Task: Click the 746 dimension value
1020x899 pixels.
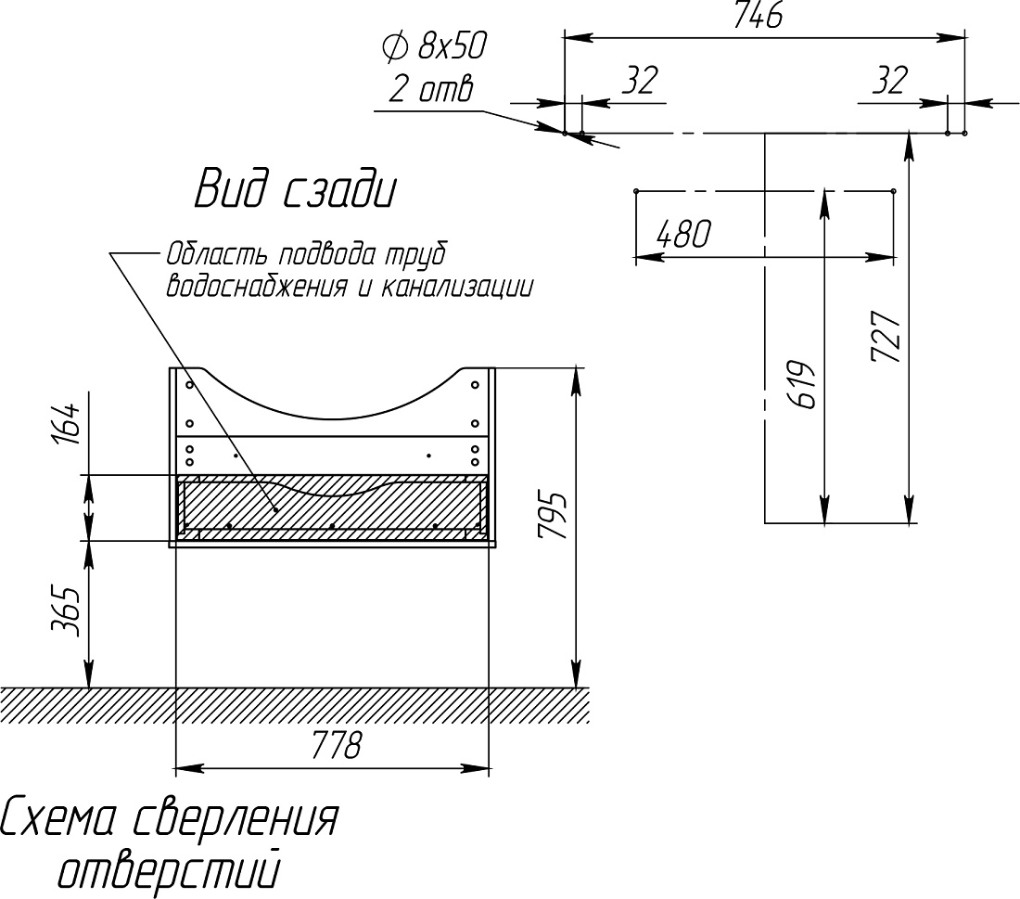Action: [x=758, y=15]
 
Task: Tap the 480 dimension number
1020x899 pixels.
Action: [x=684, y=234]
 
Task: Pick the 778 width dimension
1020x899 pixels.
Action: [x=336, y=745]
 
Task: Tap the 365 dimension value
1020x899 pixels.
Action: [x=67, y=612]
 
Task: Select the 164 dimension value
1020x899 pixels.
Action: [x=67, y=422]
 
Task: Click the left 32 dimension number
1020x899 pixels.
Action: [x=641, y=81]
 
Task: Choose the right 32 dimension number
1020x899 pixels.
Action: [x=889, y=81]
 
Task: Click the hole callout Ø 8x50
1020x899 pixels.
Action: [x=435, y=46]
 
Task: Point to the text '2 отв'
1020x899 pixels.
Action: [x=431, y=89]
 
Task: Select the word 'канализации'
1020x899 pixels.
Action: [x=456, y=287]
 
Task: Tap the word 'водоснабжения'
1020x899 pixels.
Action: [x=256, y=287]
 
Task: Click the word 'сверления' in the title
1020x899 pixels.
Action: [x=236, y=818]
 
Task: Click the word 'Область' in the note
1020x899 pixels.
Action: [x=217, y=254]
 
